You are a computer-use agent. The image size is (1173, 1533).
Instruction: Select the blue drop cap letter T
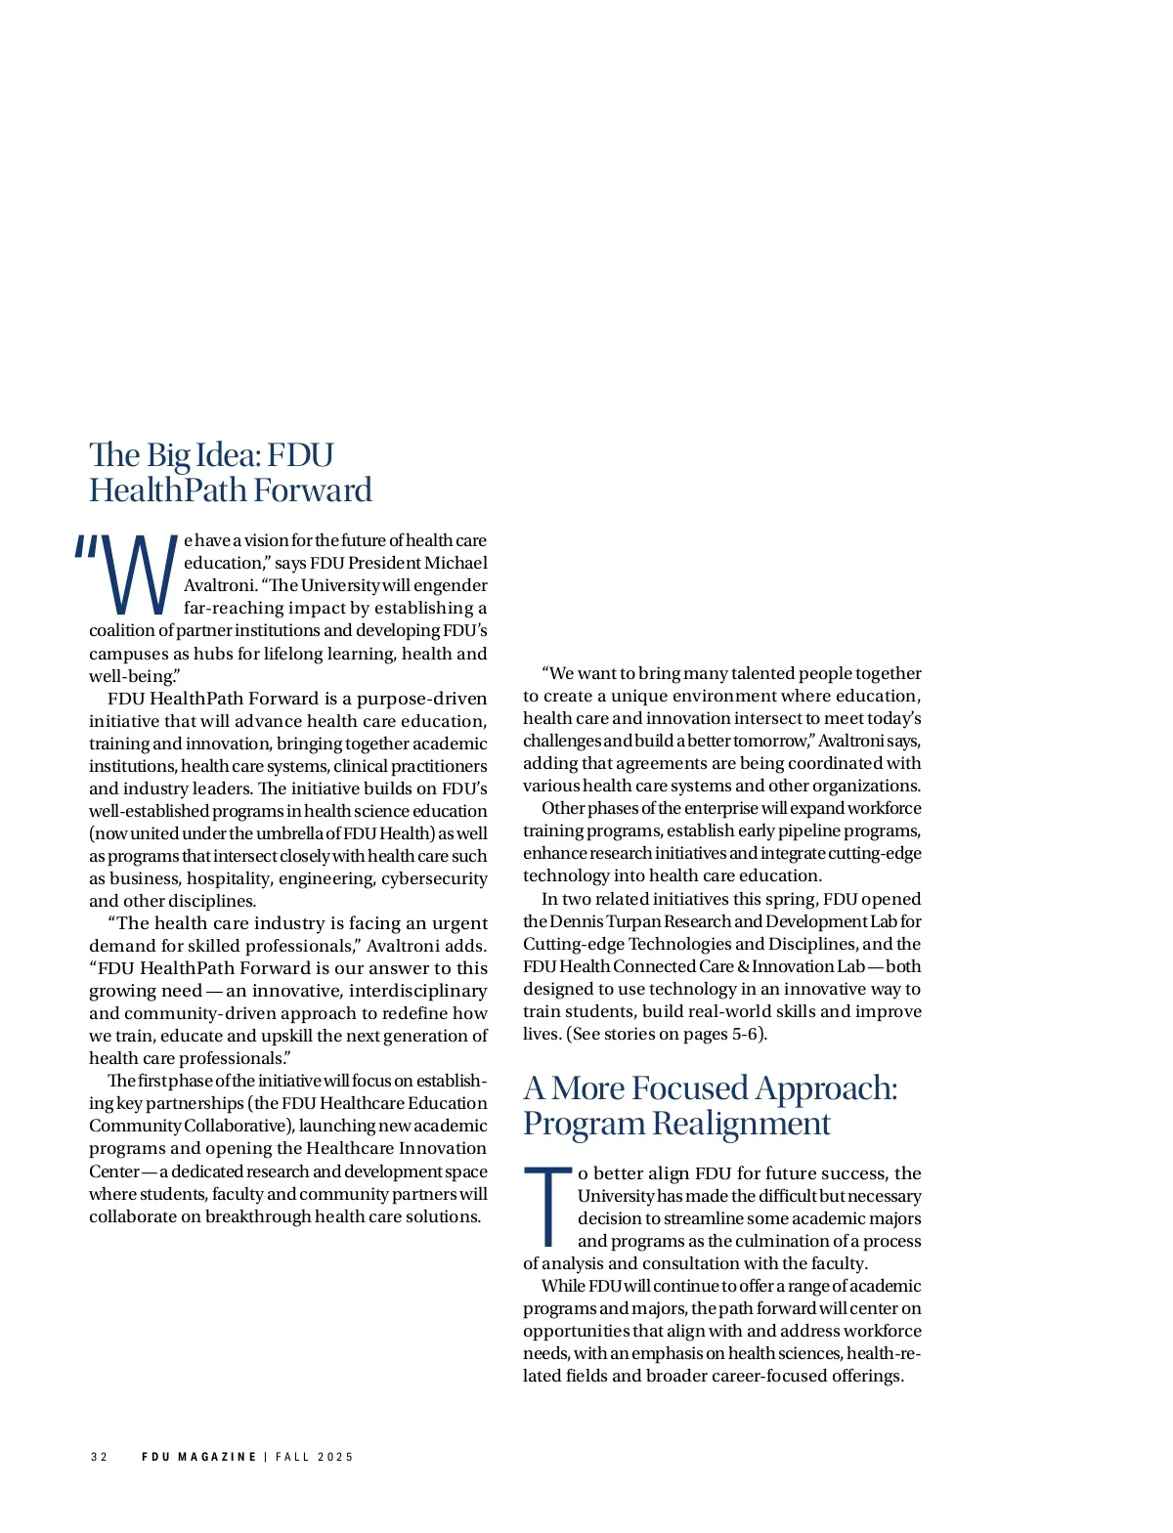(548, 1207)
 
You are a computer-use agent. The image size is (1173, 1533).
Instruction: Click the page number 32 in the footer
(99, 1457)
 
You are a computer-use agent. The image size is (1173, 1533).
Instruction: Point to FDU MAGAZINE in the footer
(198, 1457)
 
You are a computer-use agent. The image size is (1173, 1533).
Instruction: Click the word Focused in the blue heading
(690, 1088)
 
